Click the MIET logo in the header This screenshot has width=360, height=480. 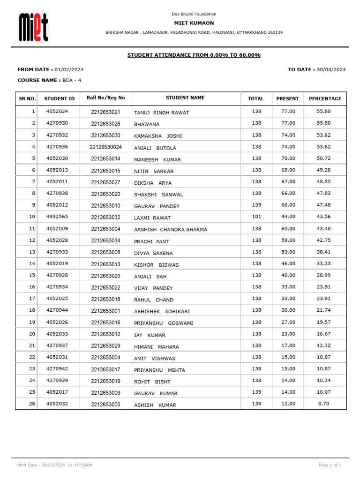click(x=33, y=27)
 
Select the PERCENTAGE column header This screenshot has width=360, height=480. click(x=325, y=98)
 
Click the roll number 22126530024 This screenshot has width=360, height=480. click(x=105, y=147)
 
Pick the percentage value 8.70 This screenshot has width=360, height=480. click(x=323, y=404)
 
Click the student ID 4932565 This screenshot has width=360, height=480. click(x=57, y=217)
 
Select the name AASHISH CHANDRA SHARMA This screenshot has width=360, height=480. click(x=171, y=230)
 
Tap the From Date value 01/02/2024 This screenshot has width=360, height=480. click(x=69, y=69)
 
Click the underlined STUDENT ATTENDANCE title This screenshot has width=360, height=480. click(x=194, y=55)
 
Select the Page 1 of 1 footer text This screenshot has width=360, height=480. click(x=330, y=465)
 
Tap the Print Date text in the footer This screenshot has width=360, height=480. click(x=54, y=465)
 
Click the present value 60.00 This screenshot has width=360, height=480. click(x=288, y=228)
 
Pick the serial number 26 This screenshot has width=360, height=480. click(x=32, y=404)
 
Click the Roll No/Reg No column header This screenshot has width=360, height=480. click(x=105, y=97)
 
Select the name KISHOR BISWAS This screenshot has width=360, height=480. click(x=156, y=265)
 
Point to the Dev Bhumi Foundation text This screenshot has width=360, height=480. click(x=194, y=14)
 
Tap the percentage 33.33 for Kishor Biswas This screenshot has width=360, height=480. click(x=323, y=263)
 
